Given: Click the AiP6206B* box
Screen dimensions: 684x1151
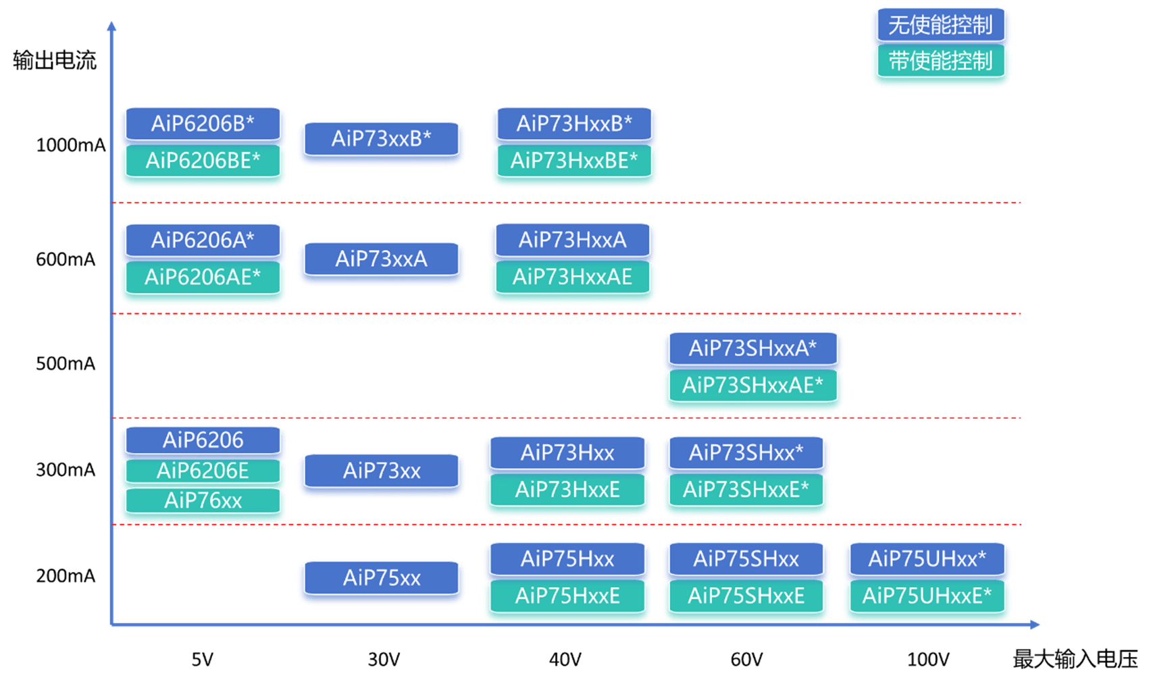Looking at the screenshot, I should [x=203, y=124].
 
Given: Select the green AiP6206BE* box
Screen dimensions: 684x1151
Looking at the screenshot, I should [x=203, y=161].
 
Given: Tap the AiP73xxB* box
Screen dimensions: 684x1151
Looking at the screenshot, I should [x=382, y=139].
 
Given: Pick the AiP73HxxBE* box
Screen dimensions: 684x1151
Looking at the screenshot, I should [x=574, y=161].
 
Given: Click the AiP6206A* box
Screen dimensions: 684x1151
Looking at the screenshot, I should [x=203, y=240].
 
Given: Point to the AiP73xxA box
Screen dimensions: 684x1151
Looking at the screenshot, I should [x=382, y=259].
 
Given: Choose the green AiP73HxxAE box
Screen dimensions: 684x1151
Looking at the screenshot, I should [x=572, y=277].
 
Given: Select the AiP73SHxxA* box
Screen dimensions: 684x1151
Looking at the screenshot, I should [x=752, y=348].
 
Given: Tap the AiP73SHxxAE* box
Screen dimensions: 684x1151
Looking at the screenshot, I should [x=752, y=386].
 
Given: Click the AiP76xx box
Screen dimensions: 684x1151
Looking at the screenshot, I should [x=203, y=501].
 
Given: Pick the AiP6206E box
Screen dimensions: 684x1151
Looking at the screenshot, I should [x=203, y=471].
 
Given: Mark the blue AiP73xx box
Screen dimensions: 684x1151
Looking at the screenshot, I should [x=382, y=471].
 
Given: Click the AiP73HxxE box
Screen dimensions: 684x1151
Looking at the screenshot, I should [x=567, y=490].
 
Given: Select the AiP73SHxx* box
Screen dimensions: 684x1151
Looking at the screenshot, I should [x=746, y=452].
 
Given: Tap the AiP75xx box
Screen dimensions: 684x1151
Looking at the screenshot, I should [x=382, y=578].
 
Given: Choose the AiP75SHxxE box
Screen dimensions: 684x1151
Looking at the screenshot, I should [x=746, y=596].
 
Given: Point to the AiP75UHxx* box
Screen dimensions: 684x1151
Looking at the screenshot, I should [x=927, y=559].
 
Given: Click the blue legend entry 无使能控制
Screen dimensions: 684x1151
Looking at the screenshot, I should [x=940, y=26].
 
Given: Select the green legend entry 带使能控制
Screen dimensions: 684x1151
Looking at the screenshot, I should [x=940, y=61].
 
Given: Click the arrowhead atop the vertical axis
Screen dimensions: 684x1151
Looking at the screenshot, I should [x=111, y=26].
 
